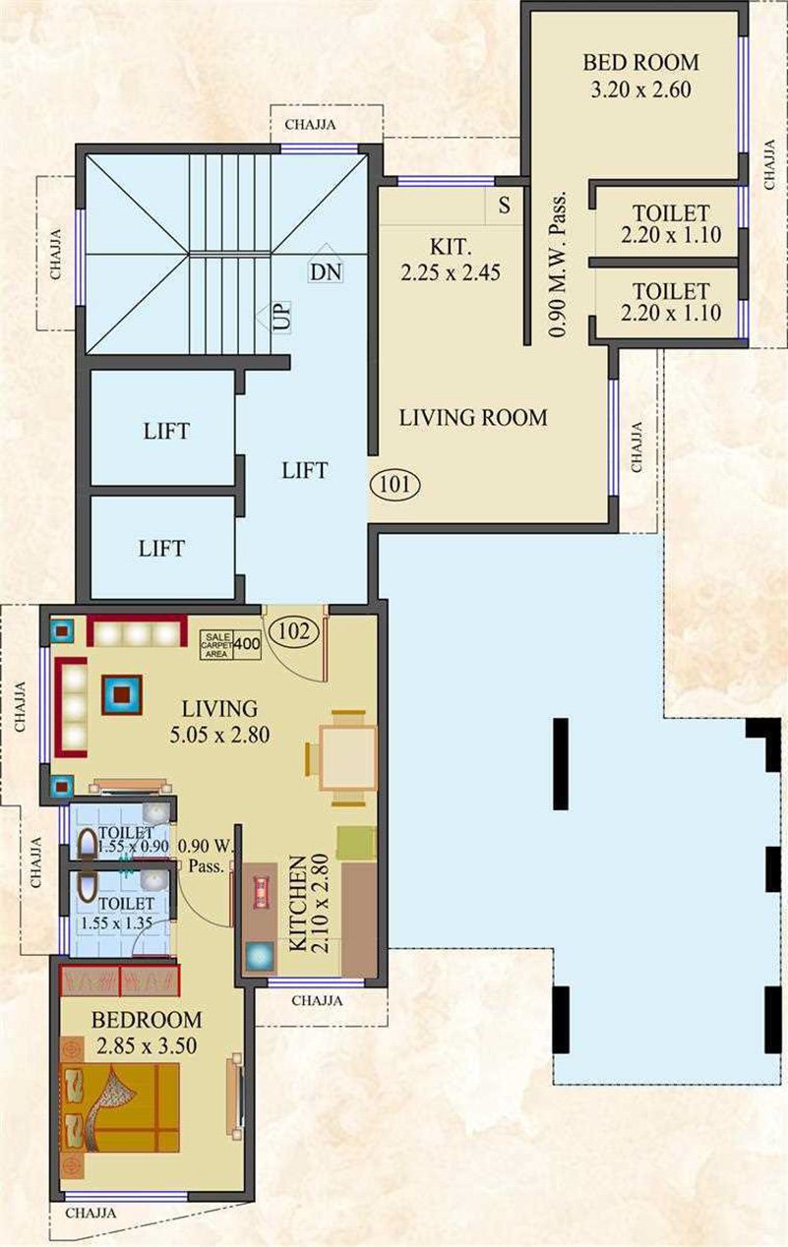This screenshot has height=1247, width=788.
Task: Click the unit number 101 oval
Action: point(394,484)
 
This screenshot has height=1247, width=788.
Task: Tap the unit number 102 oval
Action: point(293,631)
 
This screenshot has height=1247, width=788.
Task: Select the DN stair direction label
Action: point(326,272)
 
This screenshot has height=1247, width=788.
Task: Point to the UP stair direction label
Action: point(281,316)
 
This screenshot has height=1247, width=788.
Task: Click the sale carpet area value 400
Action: point(247,644)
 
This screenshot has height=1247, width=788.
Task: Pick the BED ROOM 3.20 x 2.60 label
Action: point(641,76)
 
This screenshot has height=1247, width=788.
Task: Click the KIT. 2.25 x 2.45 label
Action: point(451,260)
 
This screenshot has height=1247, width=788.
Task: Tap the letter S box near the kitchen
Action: point(504,206)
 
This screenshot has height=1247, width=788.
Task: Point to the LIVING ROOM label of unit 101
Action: point(473,418)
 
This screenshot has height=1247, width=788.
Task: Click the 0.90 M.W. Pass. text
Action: point(559,265)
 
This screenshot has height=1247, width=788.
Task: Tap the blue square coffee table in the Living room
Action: point(122,694)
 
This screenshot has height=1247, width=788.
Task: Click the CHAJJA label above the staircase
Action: point(310,125)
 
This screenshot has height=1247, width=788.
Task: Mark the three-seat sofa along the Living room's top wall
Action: point(137,631)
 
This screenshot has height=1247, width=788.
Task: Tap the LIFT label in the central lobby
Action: point(305,471)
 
